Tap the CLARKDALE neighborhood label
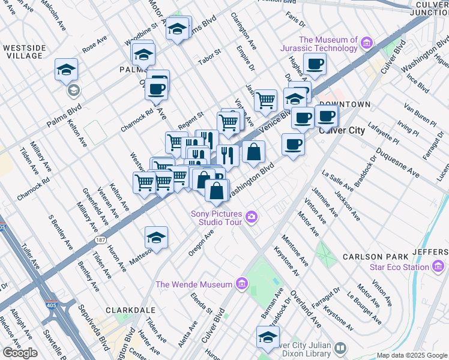[130, 310]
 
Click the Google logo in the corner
[20, 352]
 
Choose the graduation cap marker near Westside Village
[66, 70]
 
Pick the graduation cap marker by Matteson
[156, 238]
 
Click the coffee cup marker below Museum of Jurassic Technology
[315, 64]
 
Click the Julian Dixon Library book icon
[340, 348]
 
